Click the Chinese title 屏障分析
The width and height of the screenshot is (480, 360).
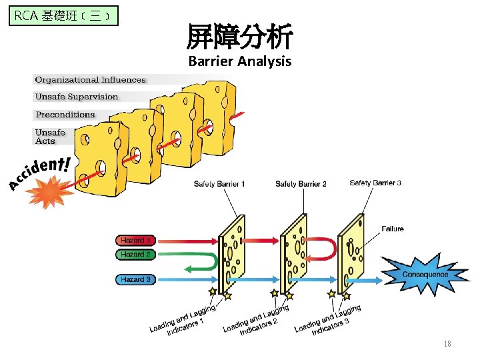click(x=240, y=37)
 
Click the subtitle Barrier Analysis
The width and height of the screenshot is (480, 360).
click(x=240, y=62)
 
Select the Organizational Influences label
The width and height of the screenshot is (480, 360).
click(x=90, y=80)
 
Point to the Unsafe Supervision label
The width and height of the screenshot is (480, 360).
click(x=76, y=97)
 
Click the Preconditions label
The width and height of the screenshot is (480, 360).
click(x=65, y=115)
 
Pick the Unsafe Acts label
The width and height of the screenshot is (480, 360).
click(x=50, y=137)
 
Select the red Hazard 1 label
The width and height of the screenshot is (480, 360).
click(x=135, y=240)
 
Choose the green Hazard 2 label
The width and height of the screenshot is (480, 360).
click(x=135, y=254)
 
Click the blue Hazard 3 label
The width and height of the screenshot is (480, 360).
click(x=135, y=279)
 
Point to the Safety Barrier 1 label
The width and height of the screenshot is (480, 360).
click(x=219, y=183)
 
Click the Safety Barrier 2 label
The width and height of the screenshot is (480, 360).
click(x=301, y=184)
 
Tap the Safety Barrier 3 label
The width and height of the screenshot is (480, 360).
click(x=375, y=183)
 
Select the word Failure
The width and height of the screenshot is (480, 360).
click(x=393, y=229)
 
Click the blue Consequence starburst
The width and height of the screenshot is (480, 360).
click(x=425, y=274)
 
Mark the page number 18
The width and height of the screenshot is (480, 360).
click(x=447, y=344)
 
